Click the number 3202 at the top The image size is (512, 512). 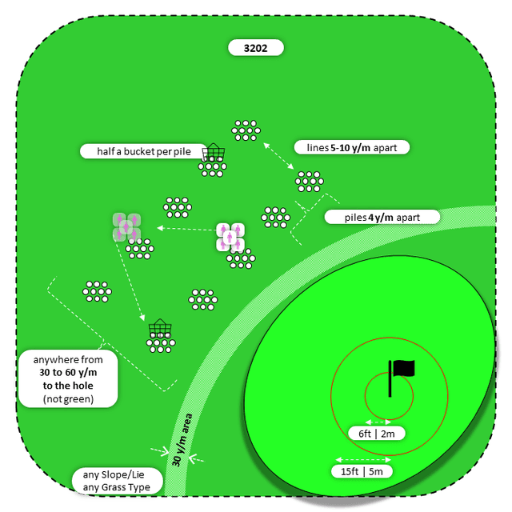click(x=256, y=48)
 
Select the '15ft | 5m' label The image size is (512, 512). click(x=362, y=471)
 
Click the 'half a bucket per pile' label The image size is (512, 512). click(x=140, y=150)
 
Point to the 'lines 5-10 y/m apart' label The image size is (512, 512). click(x=352, y=147)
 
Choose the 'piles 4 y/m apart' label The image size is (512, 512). click(x=382, y=217)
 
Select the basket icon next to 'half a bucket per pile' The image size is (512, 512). click(x=214, y=152)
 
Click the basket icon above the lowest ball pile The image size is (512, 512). click(x=160, y=327)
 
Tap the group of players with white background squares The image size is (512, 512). click(x=230, y=237)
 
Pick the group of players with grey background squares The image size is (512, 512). click(x=126, y=226)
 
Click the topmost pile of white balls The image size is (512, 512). click(x=246, y=130)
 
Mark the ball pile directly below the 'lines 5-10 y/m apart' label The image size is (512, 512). click(x=309, y=182)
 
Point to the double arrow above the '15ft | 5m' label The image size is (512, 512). click(x=362, y=459)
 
